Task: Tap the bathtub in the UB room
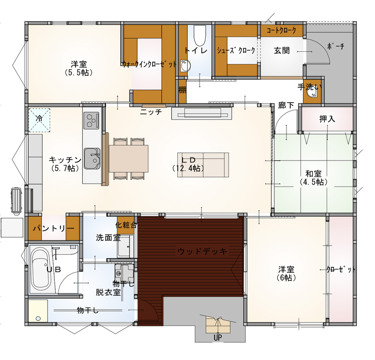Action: point(41,269)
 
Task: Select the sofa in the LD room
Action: point(203,165)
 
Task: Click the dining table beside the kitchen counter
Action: point(128,158)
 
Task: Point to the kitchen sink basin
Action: point(92,159)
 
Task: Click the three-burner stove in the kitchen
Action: point(92,120)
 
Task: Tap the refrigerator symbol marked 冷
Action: point(39,120)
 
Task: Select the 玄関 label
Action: point(282,51)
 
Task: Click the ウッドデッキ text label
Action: point(202,251)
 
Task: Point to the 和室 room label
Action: point(313,173)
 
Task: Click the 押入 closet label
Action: point(327,119)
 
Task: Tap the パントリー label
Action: point(54,229)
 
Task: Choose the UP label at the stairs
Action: point(218,338)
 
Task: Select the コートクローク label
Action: point(281,30)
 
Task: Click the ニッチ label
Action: point(151,112)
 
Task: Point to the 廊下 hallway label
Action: point(286,105)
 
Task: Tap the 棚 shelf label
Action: point(182,90)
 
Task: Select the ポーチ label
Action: point(336,46)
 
